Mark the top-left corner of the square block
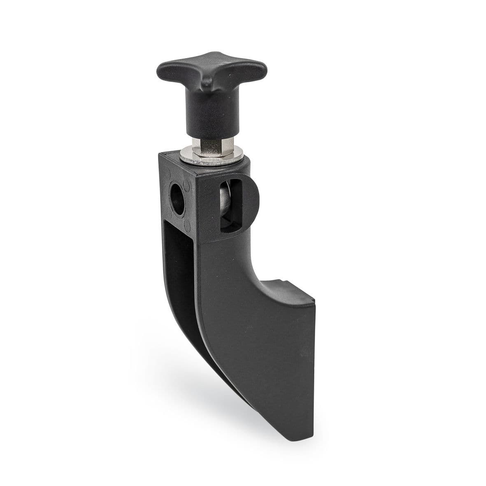(x=159, y=155)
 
